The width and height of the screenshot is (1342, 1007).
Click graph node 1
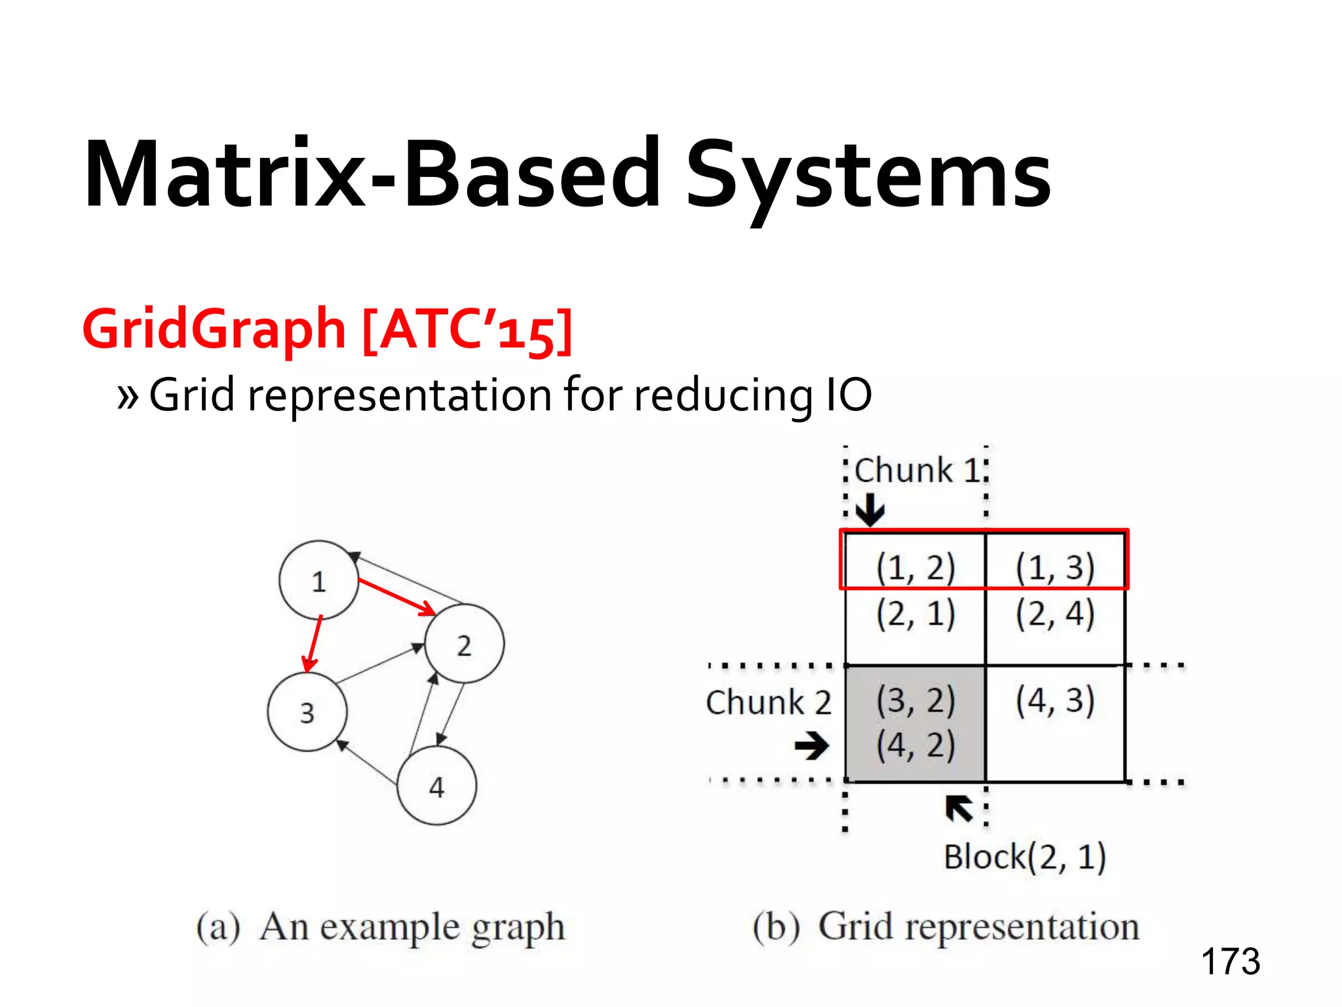click(x=318, y=580)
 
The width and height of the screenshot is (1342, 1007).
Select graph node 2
click(x=464, y=644)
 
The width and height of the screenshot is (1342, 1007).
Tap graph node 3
click(x=307, y=711)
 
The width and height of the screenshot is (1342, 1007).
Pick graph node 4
click(x=436, y=785)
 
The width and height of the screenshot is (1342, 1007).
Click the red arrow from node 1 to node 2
click(x=396, y=597)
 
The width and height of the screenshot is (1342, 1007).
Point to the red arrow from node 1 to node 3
click(x=313, y=644)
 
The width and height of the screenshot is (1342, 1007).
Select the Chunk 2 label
click(x=768, y=702)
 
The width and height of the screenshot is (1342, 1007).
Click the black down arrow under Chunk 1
click(x=870, y=510)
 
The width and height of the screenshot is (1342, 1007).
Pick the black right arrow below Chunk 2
click(x=812, y=745)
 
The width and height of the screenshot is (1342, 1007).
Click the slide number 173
click(x=1230, y=962)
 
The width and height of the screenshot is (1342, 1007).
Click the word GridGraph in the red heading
click(x=214, y=328)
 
